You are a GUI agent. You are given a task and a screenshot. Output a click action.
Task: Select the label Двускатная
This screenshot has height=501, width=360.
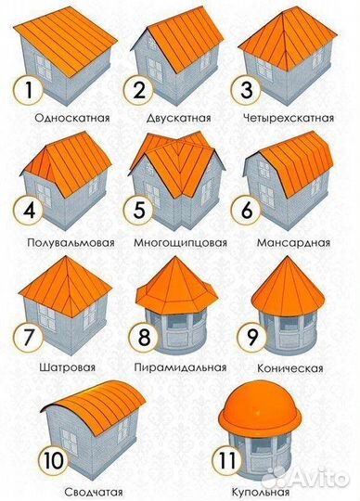pos(179,119)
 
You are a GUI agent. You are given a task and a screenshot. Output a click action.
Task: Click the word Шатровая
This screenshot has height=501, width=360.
pos(67,366)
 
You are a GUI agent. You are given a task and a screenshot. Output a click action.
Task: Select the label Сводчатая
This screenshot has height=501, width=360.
pos(69,490)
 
